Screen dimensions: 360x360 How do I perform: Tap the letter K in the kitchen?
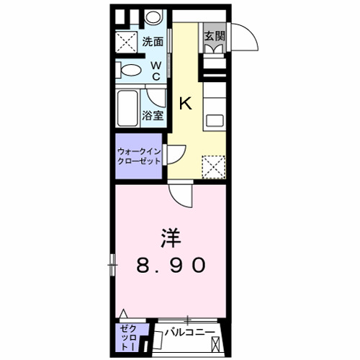(186, 103)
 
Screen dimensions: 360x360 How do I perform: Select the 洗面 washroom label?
(153, 42)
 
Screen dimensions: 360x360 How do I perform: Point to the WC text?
(156, 70)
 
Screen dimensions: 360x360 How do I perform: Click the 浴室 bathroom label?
(152, 115)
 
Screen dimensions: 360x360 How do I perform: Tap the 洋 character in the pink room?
(171, 238)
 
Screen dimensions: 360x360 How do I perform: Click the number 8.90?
(171, 265)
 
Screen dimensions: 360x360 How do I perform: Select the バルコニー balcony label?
(190, 332)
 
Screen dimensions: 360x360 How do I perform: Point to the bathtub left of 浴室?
(128, 109)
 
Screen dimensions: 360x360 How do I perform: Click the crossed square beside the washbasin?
(128, 42)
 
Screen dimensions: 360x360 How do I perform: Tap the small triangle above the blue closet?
(125, 314)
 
